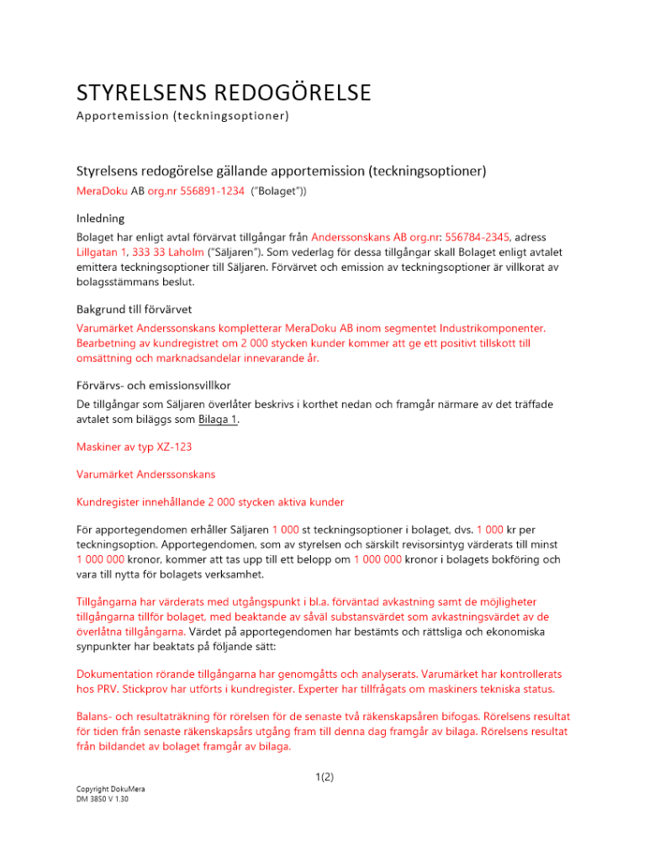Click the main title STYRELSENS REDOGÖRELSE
[224, 90]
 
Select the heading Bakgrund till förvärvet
[137, 309]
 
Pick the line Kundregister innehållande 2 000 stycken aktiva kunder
[210, 502]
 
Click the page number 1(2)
[323, 777]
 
